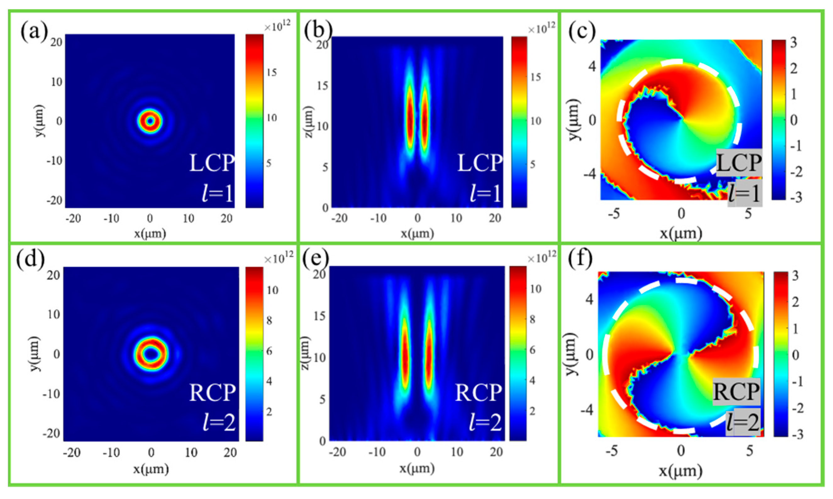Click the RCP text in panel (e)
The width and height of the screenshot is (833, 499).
point(478,393)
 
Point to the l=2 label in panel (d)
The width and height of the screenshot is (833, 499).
point(219,423)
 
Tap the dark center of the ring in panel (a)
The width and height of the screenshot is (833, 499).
point(150,121)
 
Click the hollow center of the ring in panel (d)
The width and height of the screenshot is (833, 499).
point(151,354)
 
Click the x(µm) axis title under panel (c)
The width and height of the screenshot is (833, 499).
point(680,233)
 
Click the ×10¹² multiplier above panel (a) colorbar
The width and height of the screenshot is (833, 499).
point(277,26)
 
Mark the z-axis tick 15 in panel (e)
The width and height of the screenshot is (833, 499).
point(320,316)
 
